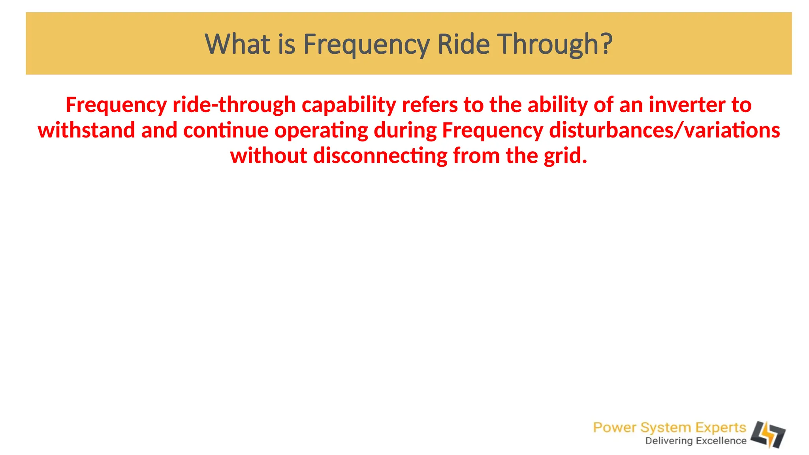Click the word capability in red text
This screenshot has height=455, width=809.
[349, 105]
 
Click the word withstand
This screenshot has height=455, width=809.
[86, 130]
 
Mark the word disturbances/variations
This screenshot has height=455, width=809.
[664, 130]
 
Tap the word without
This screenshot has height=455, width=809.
[269, 156]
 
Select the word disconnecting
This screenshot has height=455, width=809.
[380, 156]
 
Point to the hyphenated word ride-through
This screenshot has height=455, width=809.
[234, 105]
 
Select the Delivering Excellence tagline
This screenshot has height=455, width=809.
[696, 441]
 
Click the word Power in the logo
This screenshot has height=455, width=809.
[614, 427]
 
